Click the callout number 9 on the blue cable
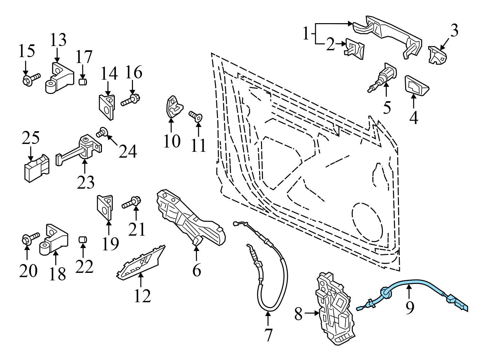409,307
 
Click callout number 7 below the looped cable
268,335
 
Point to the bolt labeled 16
131,100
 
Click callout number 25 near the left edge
31,139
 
